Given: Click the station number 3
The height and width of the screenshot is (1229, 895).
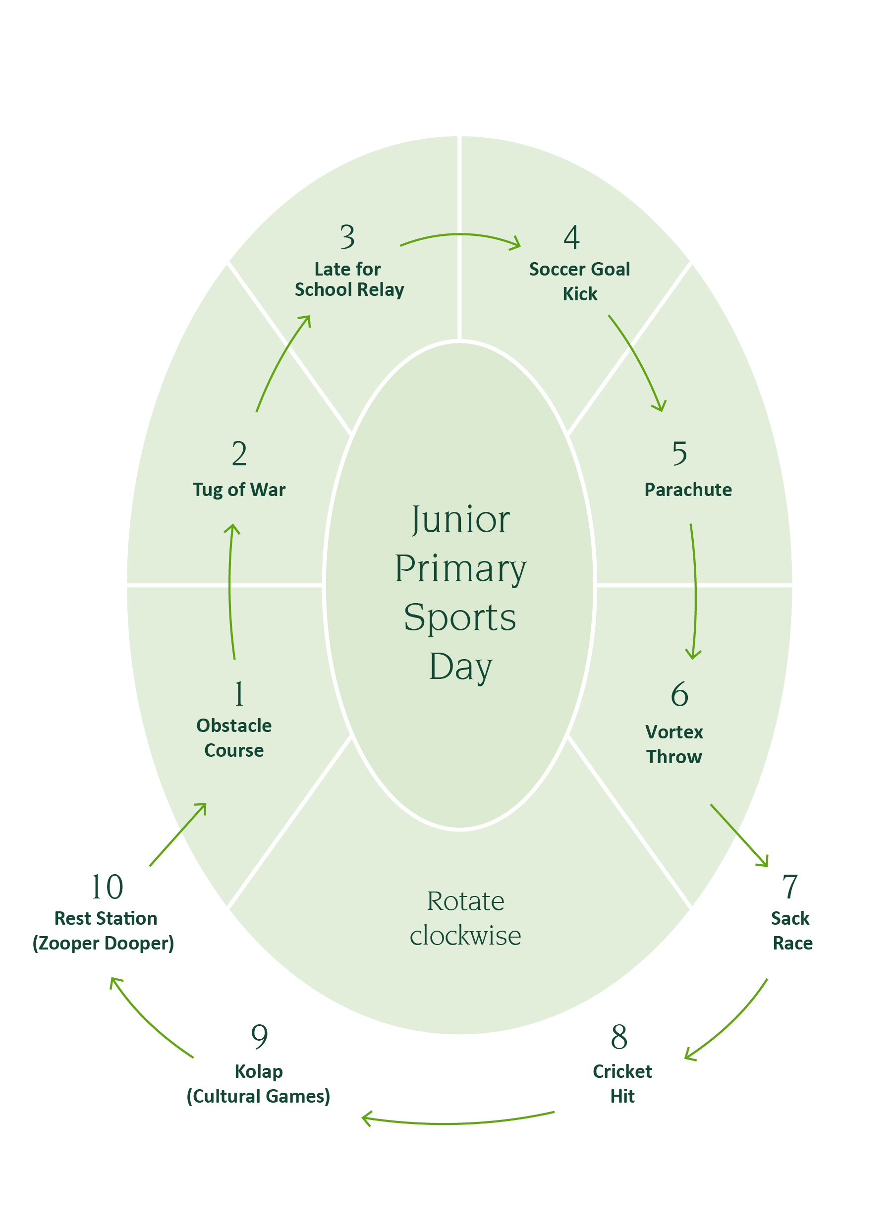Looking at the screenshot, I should click(x=347, y=237).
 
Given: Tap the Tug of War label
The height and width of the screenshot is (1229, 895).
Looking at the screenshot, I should click(x=239, y=490).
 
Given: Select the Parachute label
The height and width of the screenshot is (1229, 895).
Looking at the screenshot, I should click(x=687, y=490).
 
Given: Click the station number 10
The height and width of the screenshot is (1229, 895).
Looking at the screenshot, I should click(x=107, y=887).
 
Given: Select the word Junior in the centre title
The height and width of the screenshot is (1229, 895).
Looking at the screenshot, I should click(x=460, y=520).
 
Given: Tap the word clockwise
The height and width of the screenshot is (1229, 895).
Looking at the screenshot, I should click(x=465, y=936).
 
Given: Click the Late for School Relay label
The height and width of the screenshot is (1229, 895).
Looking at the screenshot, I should click(x=349, y=279).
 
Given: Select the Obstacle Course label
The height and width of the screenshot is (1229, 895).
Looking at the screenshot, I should click(x=234, y=737).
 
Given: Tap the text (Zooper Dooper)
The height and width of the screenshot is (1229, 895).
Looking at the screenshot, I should click(x=103, y=944).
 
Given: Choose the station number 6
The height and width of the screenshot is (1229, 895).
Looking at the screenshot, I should click(x=679, y=695).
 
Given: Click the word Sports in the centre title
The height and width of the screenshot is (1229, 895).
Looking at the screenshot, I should click(x=460, y=618).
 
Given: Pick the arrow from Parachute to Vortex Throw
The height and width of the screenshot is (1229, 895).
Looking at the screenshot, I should click(x=695, y=591).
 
